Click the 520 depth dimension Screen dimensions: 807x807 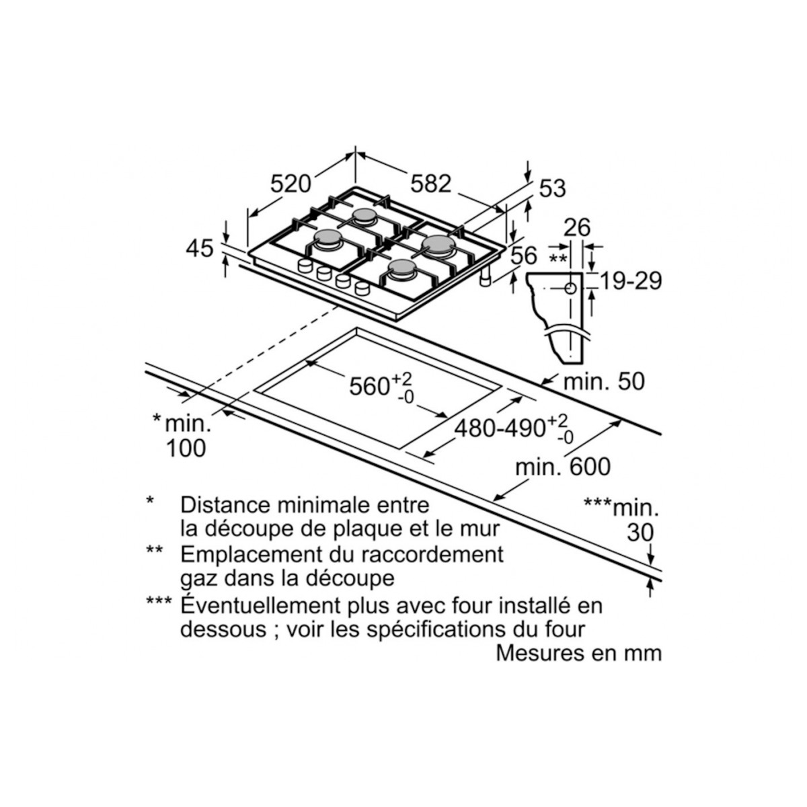(292, 183)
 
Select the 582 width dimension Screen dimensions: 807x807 (430, 183)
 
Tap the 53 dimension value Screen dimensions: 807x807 (553, 189)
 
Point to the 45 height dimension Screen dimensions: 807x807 (200, 248)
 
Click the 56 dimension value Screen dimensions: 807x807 (524, 256)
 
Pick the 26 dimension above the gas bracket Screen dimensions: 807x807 (576, 228)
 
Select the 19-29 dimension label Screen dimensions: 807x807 (631, 280)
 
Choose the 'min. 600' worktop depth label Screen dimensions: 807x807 (563, 467)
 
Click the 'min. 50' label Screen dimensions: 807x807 (604, 382)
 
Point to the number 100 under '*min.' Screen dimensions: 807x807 (186, 448)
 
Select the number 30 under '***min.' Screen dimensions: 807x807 (640, 533)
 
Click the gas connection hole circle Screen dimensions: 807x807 (570, 289)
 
